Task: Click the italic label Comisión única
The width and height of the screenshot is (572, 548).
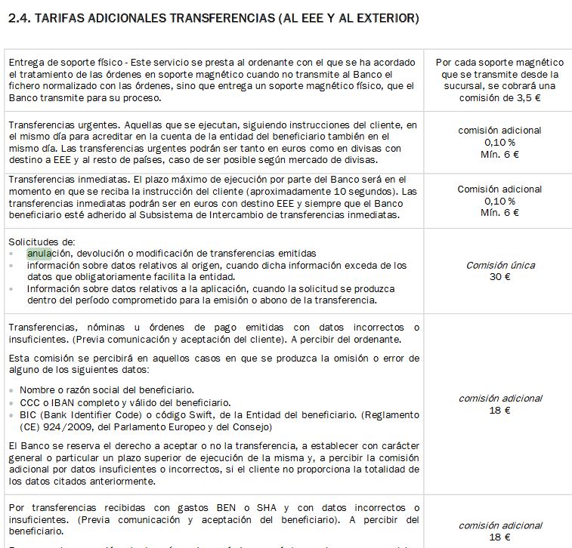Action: click(x=499, y=266)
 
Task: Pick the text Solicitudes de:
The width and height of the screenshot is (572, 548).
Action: click(x=41, y=242)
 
